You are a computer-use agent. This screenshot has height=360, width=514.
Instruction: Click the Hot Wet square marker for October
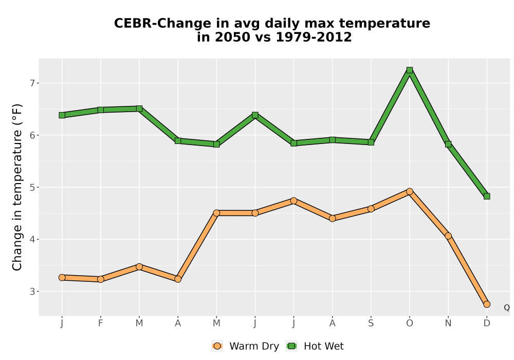pyautogui.click(x=410, y=70)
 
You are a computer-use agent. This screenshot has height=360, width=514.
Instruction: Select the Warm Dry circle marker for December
pyautogui.click(x=487, y=304)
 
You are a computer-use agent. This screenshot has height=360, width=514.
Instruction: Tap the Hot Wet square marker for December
pyautogui.click(x=487, y=196)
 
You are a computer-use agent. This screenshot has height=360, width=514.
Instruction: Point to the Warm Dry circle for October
pyautogui.click(x=410, y=191)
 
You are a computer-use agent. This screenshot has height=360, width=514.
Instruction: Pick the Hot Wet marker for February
pyautogui.click(x=101, y=110)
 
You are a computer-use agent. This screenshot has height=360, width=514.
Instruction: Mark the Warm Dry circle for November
pyautogui.click(x=448, y=236)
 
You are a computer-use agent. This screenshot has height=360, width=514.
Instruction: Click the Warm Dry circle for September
pyautogui.click(x=371, y=209)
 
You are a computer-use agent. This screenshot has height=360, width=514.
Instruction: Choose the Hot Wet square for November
pyautogui.click(x=448, y=144)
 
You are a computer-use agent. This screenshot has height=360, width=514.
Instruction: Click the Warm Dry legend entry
pyautogui.click(x=245, y=346)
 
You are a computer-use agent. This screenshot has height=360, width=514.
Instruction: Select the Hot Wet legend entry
pyautogui.click(x=315, y=346)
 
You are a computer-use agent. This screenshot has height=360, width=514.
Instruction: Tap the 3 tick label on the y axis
pyautogui.click(x=32, y=292)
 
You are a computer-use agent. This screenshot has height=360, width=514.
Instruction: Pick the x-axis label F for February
pyautogui.click(x=101, y=323)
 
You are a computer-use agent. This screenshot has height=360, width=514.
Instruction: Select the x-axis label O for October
pyautogui.click(x=410, y=323)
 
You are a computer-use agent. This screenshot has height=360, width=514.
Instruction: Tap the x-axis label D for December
pyautogui.click(x=487, y=323)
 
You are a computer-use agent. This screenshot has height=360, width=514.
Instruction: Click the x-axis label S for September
pyautogui.click(x=371, y=323)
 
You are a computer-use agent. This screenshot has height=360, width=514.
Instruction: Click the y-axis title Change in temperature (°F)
pyautogui.click(x=17, y=187)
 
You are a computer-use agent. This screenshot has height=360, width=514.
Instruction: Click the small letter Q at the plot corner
pyautogui.click(x=507, y=308)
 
